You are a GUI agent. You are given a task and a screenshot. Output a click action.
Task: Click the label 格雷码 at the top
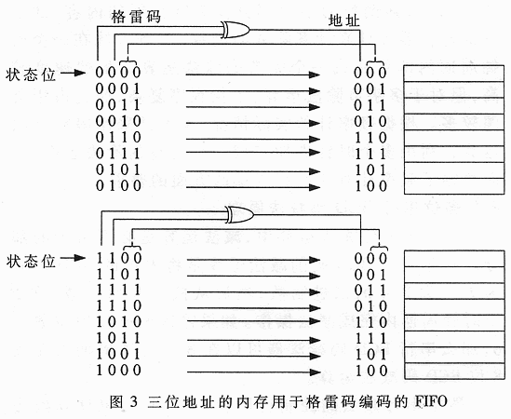(136, 17)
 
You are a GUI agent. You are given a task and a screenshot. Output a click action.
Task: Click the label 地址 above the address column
(343, 20)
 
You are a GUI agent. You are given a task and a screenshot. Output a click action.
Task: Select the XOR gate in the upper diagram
(235, 30)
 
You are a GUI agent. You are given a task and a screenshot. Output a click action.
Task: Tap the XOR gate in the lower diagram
(240, 214)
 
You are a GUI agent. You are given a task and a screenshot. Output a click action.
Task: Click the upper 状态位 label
(31, 74)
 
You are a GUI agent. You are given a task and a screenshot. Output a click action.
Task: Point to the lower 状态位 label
(31, 261)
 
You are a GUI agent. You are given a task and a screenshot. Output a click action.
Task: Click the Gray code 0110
(118, 137)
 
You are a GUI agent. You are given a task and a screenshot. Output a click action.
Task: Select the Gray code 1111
(118, 290)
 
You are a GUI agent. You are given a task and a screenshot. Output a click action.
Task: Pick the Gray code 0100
(118, 185)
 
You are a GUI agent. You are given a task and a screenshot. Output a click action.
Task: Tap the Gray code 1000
(118, 370)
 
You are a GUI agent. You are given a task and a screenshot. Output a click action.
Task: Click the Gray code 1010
(118, 322)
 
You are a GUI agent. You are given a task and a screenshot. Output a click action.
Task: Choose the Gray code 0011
(118, 104)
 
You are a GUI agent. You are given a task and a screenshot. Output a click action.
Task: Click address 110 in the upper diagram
(370, 138)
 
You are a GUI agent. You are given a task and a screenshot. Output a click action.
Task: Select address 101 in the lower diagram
(370, 355)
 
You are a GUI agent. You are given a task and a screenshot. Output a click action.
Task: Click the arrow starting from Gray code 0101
(253, 171)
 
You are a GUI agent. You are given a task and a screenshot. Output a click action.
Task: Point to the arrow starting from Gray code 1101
(253, 277)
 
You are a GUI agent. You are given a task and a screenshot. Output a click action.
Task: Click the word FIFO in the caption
(431, 401)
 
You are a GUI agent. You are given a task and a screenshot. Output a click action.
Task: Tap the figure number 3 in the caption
(134, 401)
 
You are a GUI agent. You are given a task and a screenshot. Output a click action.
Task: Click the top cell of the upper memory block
(454, 74)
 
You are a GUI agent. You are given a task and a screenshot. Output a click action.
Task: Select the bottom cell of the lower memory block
(454, 372)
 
